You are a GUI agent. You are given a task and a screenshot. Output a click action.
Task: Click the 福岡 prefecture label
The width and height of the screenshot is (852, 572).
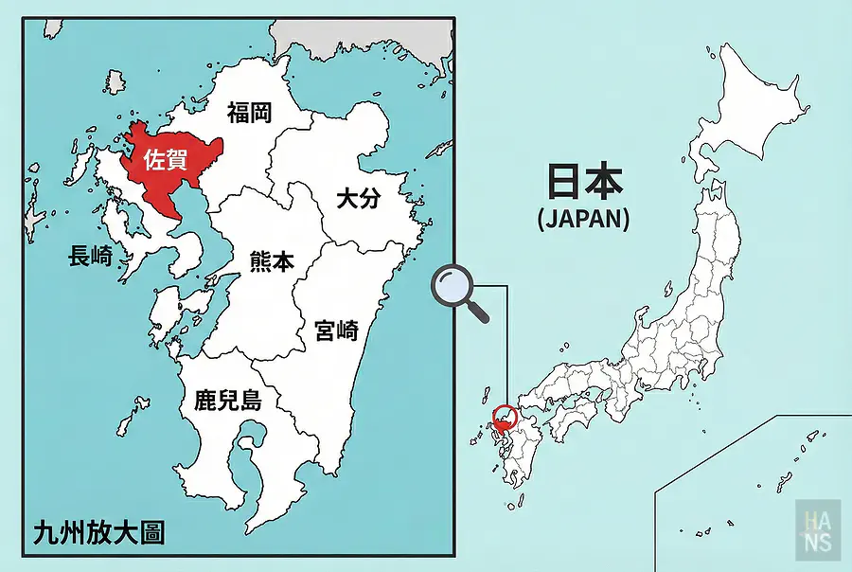250,114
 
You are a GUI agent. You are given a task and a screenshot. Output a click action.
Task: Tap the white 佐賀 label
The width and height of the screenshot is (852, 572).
166,160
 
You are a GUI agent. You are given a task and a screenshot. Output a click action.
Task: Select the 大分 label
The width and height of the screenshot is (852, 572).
359,198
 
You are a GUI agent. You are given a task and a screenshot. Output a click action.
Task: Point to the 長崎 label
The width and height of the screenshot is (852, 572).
91,255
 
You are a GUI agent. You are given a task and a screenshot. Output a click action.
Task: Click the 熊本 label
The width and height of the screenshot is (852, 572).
272,261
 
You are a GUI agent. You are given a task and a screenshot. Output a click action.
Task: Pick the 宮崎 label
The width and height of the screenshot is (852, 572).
336,331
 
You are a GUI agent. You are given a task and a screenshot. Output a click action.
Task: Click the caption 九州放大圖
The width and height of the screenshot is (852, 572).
98,531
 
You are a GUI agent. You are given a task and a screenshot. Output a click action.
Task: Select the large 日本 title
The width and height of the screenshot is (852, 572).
583,183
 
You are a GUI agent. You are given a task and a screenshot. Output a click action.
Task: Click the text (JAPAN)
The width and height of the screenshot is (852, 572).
583,220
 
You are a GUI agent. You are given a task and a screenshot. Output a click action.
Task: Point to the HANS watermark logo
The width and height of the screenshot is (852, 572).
817,526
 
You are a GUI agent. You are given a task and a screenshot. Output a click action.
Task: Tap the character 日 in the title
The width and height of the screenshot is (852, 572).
559,183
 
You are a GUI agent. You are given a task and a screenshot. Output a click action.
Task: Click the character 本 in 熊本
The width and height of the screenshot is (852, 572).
283,261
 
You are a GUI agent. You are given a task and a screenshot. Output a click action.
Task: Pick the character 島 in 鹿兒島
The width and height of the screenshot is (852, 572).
250,400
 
